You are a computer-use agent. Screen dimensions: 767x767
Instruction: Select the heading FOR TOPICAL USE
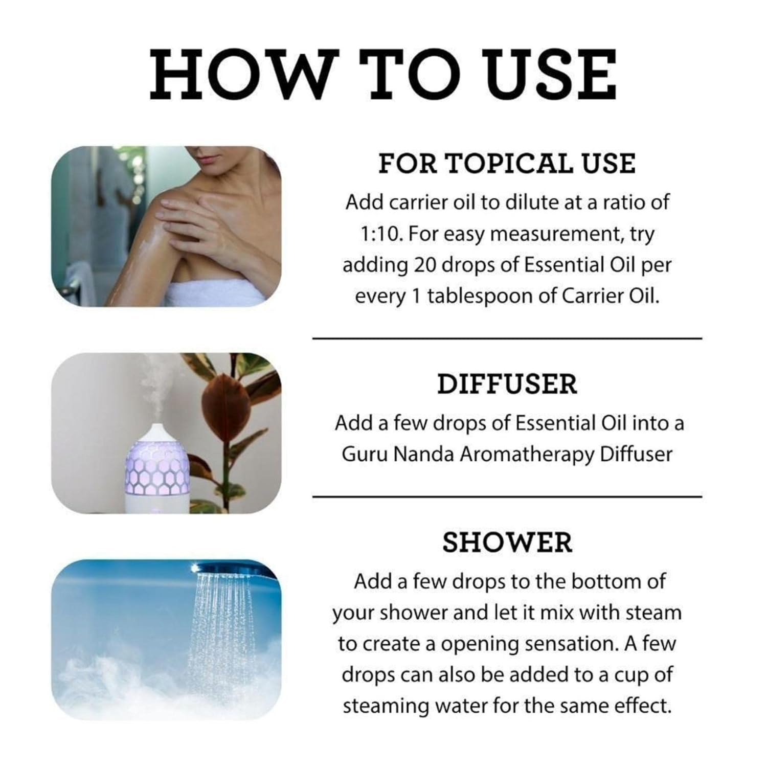click(x=507, y=163)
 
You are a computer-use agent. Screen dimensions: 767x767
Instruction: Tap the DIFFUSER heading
click(x=507, y=384)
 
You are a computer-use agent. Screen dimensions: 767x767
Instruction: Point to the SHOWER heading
click(x=507, y=542)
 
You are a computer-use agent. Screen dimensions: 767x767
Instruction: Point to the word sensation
click(x=568, y=644)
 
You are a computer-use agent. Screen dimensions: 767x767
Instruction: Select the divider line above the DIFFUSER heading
click(x=507, y=338)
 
